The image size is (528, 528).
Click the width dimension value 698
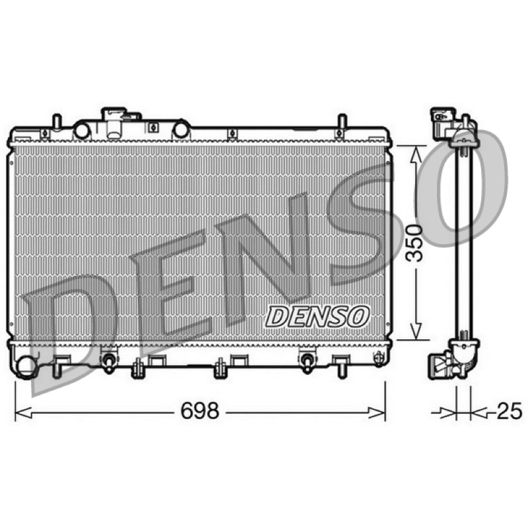pos(200,411)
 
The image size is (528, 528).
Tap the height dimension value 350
pos(414,243)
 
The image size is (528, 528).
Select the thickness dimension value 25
pos(510,411)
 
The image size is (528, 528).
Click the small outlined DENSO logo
pos(317,316)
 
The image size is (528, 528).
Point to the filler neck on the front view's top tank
pos(114,122)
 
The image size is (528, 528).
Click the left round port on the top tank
pos(81,131)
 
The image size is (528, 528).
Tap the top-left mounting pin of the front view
pos(57,121)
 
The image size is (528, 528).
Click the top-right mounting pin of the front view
pos(342,121)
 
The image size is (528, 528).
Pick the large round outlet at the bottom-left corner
pos(26,368)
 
